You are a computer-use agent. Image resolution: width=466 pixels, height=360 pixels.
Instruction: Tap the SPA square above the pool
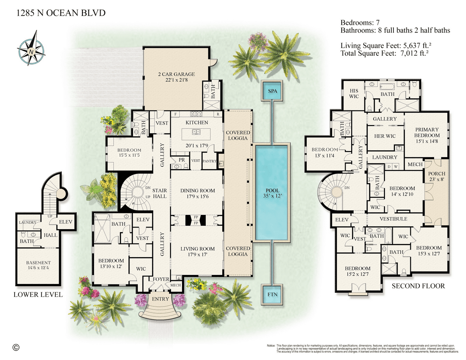coord(272,92)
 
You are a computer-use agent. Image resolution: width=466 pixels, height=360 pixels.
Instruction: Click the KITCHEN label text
coord(197,123)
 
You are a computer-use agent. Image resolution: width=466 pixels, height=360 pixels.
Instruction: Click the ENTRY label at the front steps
coord(161,299)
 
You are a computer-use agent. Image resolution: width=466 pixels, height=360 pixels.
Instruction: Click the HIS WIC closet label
coord(354,93)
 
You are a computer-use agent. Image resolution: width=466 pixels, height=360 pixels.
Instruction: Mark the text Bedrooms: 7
coord(360,22)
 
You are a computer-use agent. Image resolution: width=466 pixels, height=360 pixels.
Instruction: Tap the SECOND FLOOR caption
coord(418,286)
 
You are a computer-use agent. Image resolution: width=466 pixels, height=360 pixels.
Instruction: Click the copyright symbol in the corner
coord(16,347)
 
